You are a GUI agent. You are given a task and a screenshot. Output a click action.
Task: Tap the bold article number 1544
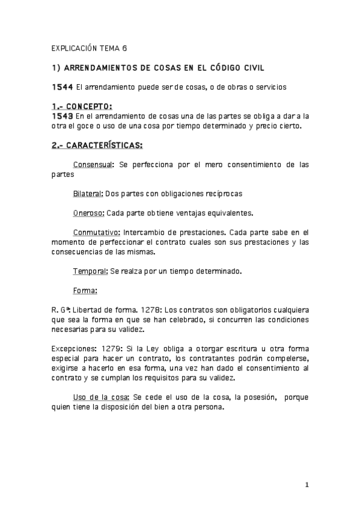(63, 87)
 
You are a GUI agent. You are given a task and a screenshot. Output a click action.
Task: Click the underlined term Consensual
(93, 164)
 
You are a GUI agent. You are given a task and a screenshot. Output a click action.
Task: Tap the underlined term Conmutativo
(96, 232)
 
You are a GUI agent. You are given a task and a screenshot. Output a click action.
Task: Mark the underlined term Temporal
(90, 271)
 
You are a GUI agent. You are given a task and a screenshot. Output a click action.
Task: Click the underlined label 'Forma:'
(85, 290)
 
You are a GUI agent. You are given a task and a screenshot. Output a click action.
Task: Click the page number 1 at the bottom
(307, 485)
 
